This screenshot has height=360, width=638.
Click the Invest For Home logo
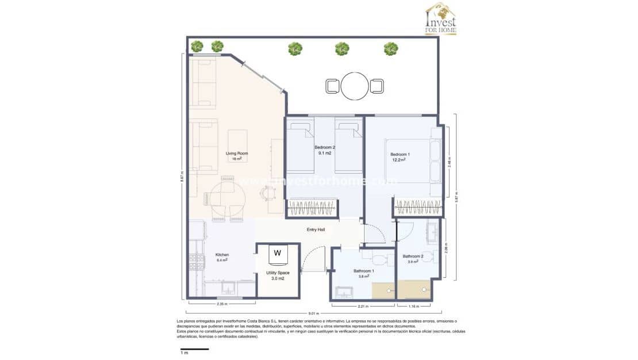click(x=441, y=18)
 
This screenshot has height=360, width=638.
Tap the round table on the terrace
click(x=355, y=86)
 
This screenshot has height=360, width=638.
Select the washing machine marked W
click(x=278, y=252)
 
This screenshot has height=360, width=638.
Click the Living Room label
click(x=236, y=153)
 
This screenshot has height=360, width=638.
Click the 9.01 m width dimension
click(x=313, y=313)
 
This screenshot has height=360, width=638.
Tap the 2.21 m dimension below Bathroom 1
click(x=362, y=305)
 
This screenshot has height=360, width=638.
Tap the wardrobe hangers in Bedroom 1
click(x=417, y=207)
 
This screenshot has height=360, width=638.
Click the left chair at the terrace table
click(x=333, y=86)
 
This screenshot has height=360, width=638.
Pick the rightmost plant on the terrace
click(x=391, y=49)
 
